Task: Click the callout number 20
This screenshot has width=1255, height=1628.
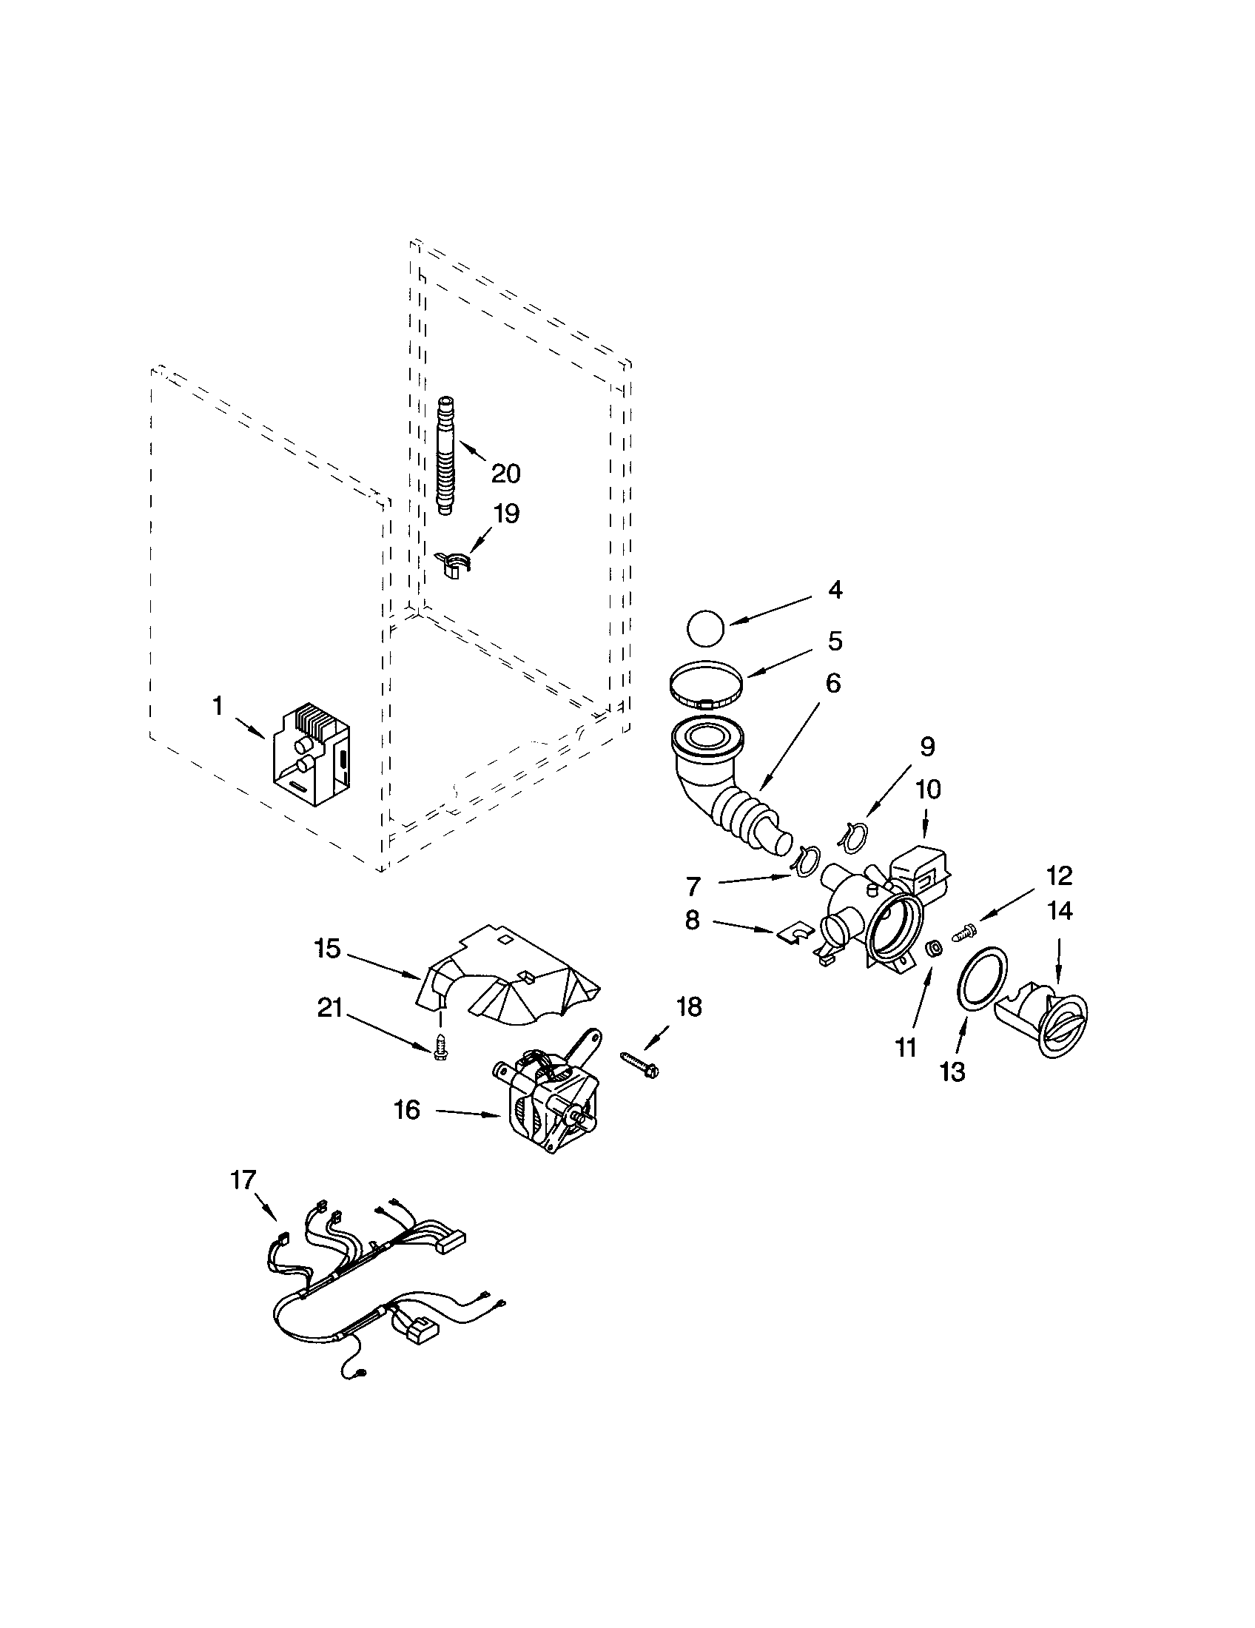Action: (x=505, y=474)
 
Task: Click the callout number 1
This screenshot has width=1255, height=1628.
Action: (x=218, y=705)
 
